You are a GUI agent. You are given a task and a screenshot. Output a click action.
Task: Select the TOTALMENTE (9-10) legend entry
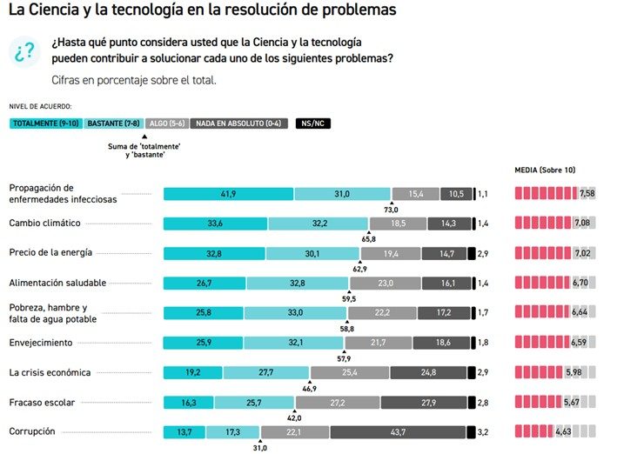tap(45, 124)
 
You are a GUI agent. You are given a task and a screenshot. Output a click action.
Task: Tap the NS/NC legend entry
tap(313, 124)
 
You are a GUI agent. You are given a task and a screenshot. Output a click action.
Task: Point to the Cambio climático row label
tap(44, 223)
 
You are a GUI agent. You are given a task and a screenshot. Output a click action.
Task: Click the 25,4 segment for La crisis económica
tap(349, 373)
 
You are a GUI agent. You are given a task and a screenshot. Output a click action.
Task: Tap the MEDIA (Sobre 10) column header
tap(546, 170)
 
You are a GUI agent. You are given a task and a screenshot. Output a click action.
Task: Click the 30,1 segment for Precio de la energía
tap(312, 254)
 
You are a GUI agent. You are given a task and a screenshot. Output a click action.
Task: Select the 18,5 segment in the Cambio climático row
tap(398, 224)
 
